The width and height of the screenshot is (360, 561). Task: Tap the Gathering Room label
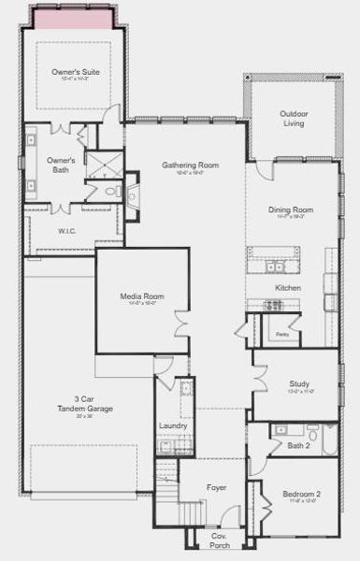pos(190,165)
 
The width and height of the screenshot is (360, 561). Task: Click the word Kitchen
pos(288,288)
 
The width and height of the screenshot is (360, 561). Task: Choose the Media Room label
pos(142,297)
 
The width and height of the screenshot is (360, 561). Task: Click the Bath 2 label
pos(299,445)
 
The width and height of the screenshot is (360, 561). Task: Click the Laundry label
pos(173,425)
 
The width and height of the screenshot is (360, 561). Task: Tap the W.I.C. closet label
pos(66,230)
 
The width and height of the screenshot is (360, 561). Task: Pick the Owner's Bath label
pos(62,165)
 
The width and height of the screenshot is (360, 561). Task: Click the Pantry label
pos(281,334)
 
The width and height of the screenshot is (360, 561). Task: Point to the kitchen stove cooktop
pos(272,305)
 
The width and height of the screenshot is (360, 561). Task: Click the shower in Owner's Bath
pos(104,165)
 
